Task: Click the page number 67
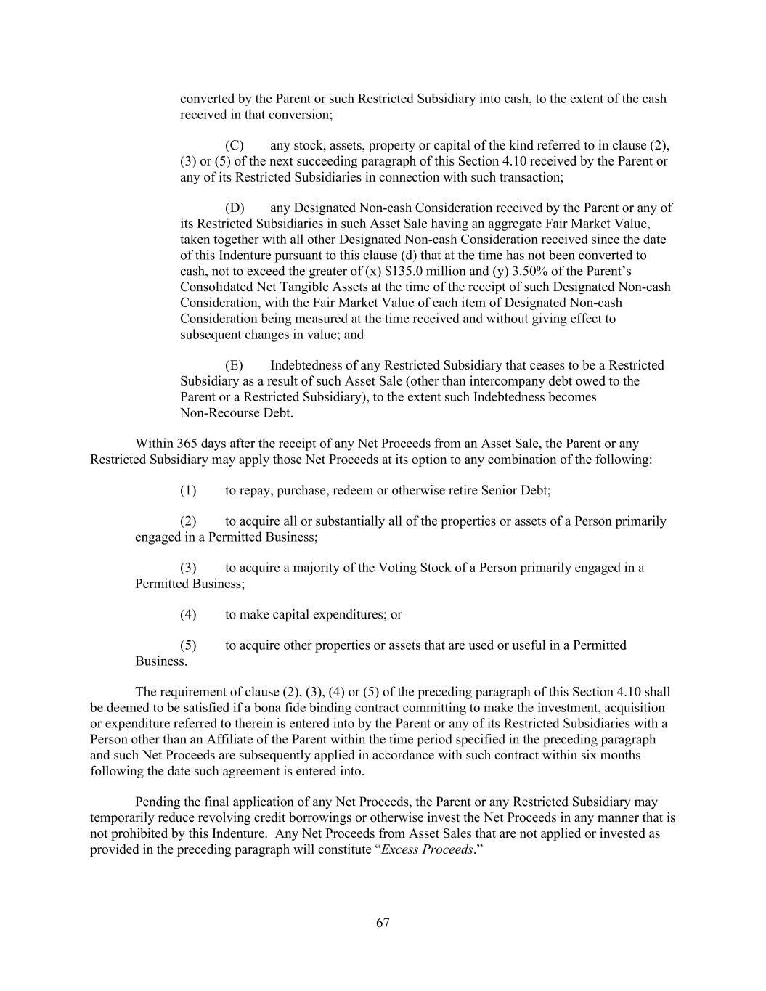pos(383,923)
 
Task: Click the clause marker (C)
pos(234,145)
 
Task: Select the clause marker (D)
pos(234,208)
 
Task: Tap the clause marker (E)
pos(234,365)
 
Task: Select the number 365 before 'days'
pos(187,444)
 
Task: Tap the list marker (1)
pos(188,490)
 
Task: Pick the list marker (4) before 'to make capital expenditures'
pos(188,614)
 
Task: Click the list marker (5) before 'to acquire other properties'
pos(188,645)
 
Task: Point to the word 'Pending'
pos(157,802)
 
